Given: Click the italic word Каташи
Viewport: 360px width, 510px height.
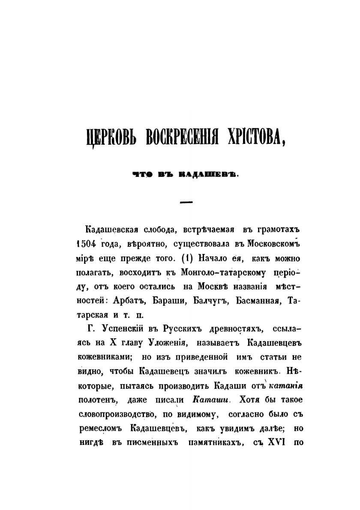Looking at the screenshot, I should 210,399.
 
